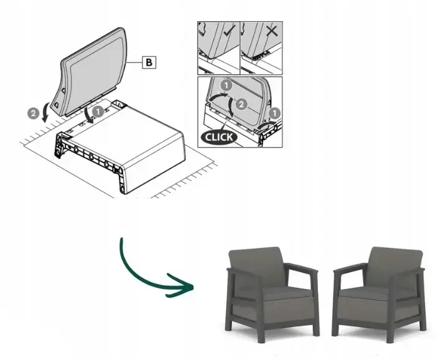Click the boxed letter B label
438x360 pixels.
pyautogui.click(x=149, y=62)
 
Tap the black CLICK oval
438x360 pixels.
pyautogui.click(x=219, y=137)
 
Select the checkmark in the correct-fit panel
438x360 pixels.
pyautogui.click(x=230, y=30)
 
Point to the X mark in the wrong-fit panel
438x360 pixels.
pyautogui.click(x=272, y=31)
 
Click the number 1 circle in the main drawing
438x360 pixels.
pyautogui.click(x=98, y=112)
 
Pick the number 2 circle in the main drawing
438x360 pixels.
pyautogui.click(x=33, y=113)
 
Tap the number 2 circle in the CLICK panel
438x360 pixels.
pyautogui.click(x=241, y=105)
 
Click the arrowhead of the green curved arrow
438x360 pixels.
pyautogui.click(x=182, y=286)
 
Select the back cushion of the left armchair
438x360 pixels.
pyautogui.click(x=256, y=267)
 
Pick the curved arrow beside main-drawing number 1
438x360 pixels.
pyautogui.click(x=90, y=115)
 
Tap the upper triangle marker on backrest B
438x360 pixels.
pyautogui.click(x=63, y=90)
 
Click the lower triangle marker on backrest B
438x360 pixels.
pyautogui.click(x=56, y=105)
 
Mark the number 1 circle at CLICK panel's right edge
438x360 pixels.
pyautogui.click(x=275, y=113)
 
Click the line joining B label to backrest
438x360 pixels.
pyautogui.click(x=134, y=62)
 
